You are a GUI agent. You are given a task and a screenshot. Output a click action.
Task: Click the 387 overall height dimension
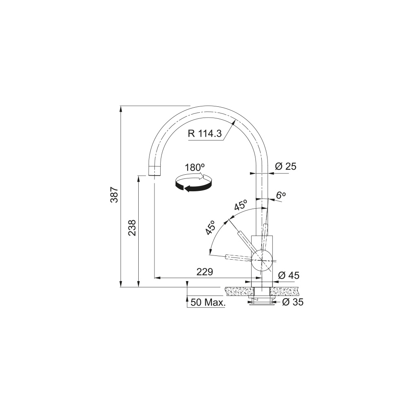pyautogui.click(x=114, y=195)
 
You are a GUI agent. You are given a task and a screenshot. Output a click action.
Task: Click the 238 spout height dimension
pyautogui.click(x=132, y=228)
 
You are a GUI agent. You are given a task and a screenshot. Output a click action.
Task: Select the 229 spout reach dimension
pyautogui.click(x=205, y=272)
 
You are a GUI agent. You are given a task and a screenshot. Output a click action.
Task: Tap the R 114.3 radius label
pyautogui.click(x=205, y=134)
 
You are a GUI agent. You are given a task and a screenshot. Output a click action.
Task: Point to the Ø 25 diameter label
pyautogui.click(x=286, y=166)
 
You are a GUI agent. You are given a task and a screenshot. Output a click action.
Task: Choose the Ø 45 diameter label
pyautogui.click(x=289, y=275)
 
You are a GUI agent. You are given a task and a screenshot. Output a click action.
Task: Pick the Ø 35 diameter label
pyautogui.click(x=293, y=302)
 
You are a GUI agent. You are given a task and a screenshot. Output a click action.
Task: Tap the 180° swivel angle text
pyautogui.click(x=195, y=167)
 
